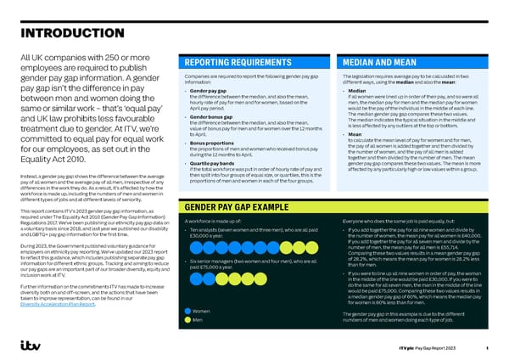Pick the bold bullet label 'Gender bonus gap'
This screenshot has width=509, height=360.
(215, 115)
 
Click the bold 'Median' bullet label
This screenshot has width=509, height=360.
(357, 90)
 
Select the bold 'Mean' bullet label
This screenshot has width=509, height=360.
(355, 133)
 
